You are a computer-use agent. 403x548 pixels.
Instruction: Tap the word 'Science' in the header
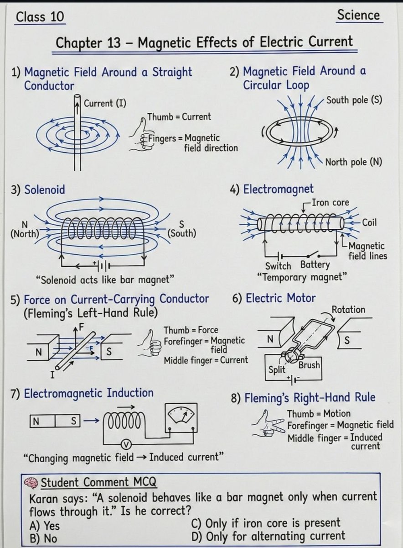pos(358,15)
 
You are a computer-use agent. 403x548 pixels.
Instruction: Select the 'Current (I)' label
pos(105,103)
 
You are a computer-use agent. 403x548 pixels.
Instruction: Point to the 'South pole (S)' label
pos(354,100)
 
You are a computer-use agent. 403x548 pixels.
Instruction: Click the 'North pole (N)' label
pos(353,162)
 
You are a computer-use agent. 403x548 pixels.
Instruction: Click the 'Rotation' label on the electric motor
pos(348,310)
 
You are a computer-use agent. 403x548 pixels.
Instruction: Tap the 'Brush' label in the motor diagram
pos(309,365)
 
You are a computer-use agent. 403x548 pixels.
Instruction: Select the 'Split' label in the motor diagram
pos(277,370)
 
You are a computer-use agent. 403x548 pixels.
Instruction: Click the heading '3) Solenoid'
pos(38,190)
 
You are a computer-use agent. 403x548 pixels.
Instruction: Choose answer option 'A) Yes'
pos(45,526)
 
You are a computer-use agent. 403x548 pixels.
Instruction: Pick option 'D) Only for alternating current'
pos(269,536)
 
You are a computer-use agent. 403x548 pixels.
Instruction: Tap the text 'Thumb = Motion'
pos(319,414)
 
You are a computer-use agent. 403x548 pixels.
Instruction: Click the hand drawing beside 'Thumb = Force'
pos(148,343)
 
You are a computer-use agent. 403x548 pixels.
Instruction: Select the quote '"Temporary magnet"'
pos(302,277)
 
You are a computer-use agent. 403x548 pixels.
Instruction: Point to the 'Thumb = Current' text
pos(179,117)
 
